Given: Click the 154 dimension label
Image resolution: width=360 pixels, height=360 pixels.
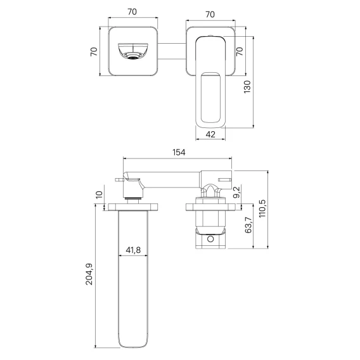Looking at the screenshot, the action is coord(179,152).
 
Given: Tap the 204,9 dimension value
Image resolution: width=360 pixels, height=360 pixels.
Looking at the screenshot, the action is coord(89,274).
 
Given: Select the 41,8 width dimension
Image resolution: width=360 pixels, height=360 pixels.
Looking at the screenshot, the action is coord(133,250).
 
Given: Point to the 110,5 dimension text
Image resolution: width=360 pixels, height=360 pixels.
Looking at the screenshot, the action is coord(262,209).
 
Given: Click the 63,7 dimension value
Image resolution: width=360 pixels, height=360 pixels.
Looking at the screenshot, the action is coord(248,225).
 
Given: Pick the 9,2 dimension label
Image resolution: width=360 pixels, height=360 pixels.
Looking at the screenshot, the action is coord(236,192).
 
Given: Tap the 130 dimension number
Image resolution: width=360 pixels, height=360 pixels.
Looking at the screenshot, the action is coord(247,87).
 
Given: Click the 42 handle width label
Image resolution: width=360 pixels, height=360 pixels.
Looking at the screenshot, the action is coord(210,134).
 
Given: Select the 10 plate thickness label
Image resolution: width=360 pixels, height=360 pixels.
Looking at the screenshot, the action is coord(99,195).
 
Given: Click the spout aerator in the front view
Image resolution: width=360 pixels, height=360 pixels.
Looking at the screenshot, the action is coord(133,56).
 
